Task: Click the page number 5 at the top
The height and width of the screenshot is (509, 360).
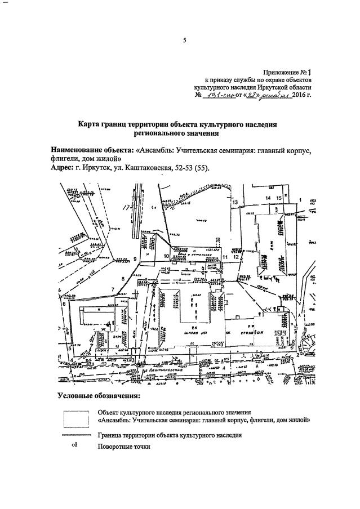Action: pos(184,40)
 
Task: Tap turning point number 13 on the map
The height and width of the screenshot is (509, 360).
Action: pos(235,202)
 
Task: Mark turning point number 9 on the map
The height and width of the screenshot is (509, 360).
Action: pos(135,258)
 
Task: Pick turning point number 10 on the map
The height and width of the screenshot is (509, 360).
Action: pos(167,257)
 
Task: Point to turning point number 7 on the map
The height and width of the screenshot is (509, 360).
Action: pos(113,290)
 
